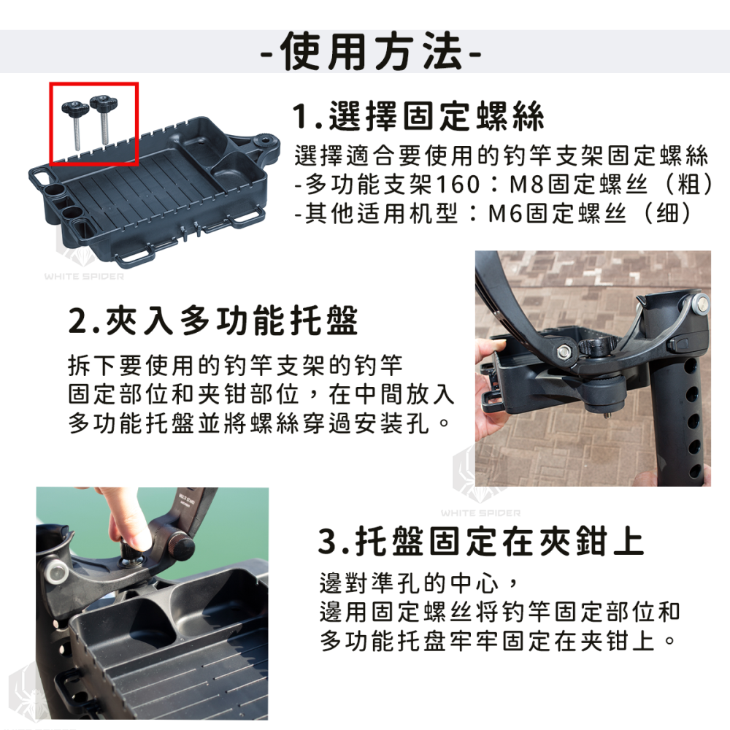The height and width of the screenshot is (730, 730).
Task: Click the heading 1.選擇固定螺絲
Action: coord(418,118)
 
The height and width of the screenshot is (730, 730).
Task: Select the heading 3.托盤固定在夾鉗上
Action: coord(482,542)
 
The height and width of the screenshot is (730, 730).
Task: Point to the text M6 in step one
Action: coord(506,214)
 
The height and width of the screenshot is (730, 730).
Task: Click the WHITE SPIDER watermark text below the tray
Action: coord(84,277)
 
